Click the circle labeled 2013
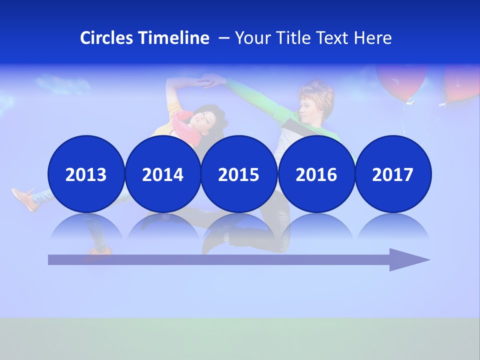tap(86, 174)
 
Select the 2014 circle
tap(162, 174)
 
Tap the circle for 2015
tap(238, 174)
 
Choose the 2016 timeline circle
tap(316, 174)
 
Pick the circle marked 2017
tap(392, 174)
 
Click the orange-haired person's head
tap(315, 100)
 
